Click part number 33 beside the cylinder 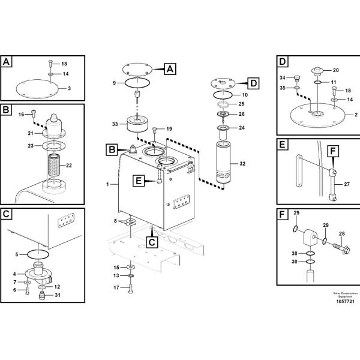tap(115, 124)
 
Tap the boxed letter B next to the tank tap(112, 149)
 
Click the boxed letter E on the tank tap(139, 181)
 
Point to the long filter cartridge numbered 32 tap(223, 162)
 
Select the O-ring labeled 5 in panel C tap(38, 254)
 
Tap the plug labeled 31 tap(42, 295)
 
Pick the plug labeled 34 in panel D tap(297, 78)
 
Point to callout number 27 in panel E tap(347, 184)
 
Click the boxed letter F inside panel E tap(333, 151)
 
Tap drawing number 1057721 tap(346, 301)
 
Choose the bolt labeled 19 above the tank tap(155, 130)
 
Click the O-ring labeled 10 tap(223, 95)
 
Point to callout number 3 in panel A tap(70, 88)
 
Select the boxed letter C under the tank tap(152, 242)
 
